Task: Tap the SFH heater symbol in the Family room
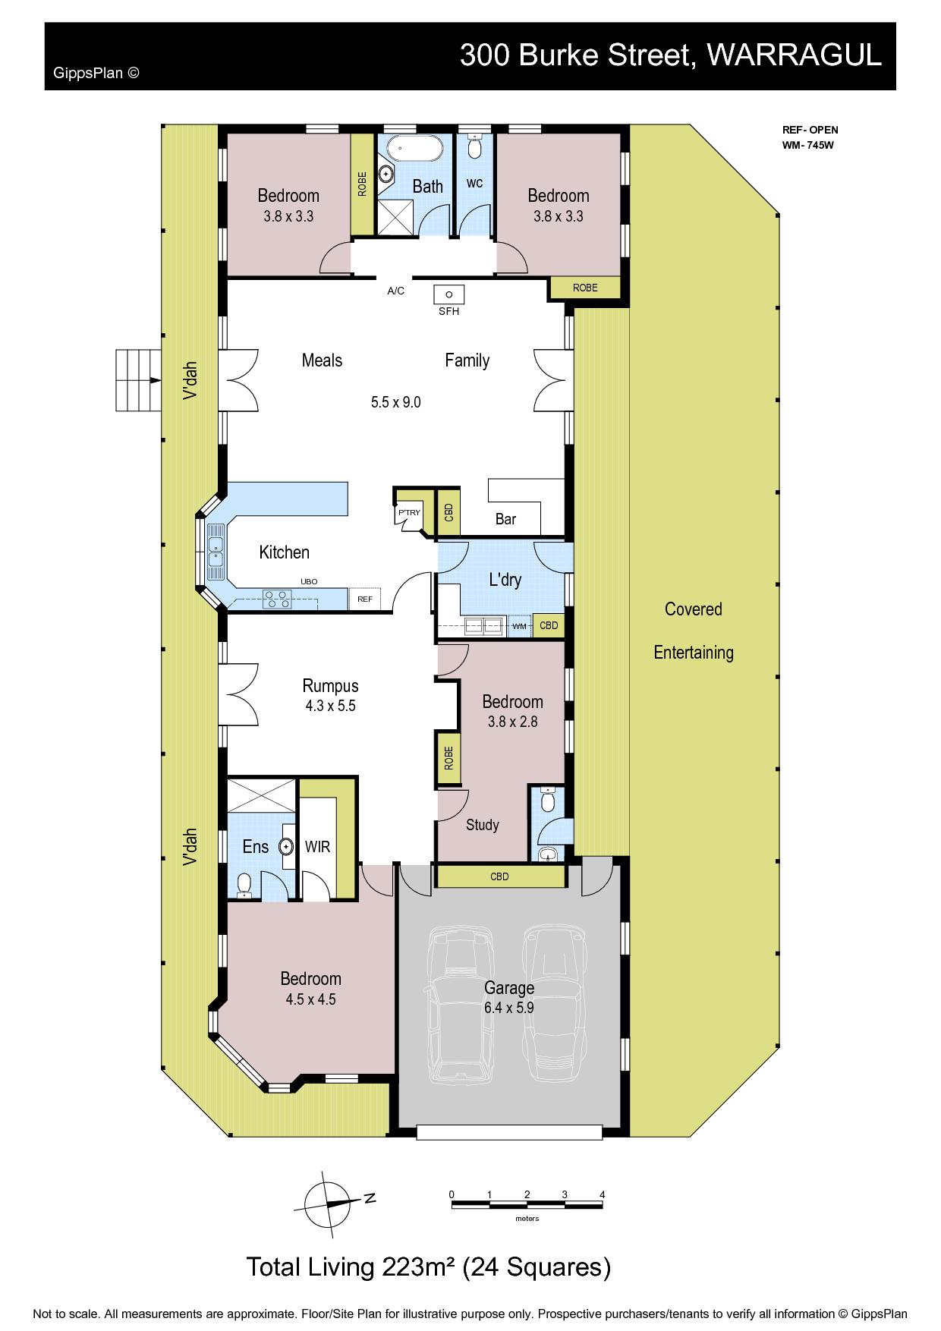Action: tap(448, 293)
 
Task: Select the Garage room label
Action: tap(509, 988)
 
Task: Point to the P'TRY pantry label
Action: tap(409, 513)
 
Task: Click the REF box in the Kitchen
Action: tap(365, 599)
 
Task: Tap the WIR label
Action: tap(317, 846)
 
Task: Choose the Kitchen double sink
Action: tap(216, 552)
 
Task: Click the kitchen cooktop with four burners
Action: tap(277, 599)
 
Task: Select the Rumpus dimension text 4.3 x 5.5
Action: tap(330, 706)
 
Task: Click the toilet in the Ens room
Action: tap(244, 886)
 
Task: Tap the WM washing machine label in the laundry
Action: tap(519, 626)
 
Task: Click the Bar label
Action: tap(505, 519)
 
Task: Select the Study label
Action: tap(483, 825)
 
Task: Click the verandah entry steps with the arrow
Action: tap(139, 380)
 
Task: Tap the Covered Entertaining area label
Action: tap(694, 631)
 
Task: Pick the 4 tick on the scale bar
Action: tap(603, 1194)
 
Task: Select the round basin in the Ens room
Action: tap(287, 845)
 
